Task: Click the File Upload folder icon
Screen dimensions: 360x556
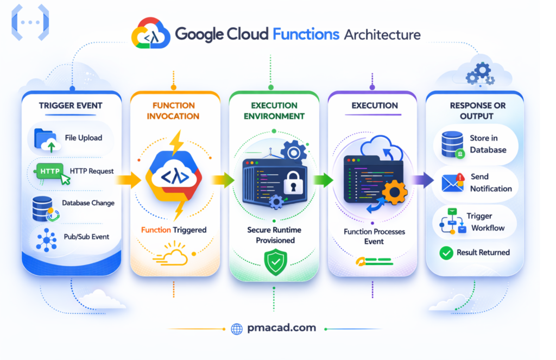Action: coord(45,138)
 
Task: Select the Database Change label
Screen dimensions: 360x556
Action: coord(88,203)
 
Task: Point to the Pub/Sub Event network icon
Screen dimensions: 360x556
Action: coord(47,239)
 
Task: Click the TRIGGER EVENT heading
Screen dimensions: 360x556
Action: coord(71,106)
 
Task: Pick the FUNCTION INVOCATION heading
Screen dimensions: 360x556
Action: coord(173,111)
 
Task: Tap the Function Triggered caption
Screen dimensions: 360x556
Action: coord(174,230)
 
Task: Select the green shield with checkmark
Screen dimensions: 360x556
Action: coord(274,262)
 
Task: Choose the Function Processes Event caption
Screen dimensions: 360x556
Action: coord(374,237)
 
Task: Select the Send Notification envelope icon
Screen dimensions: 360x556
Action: coord(452,183)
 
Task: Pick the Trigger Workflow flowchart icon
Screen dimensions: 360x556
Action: coord(451,222)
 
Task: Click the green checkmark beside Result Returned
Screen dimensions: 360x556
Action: coord(446,252)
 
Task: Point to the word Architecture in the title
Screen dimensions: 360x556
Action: coord(382,35)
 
